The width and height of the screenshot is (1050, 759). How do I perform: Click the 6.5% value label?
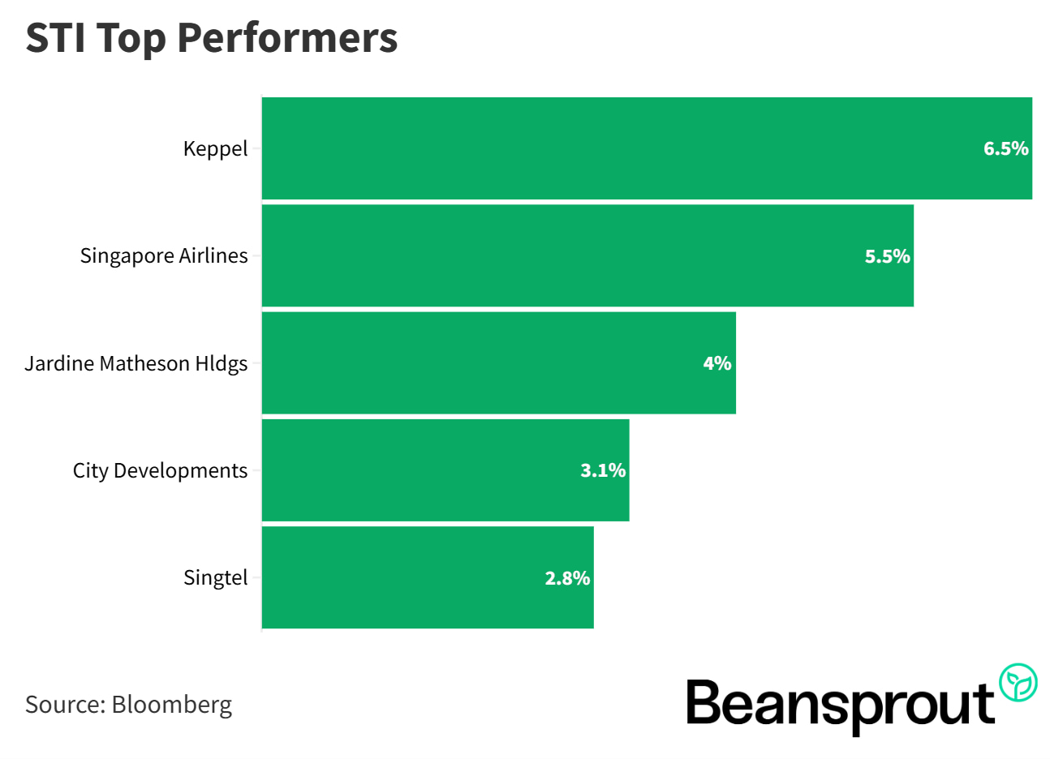click(1005, 148)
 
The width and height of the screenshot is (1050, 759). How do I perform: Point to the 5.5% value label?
click(887, 256)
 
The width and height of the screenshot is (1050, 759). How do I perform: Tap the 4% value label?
click(717, 363)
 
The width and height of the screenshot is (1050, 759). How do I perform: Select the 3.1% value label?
click(603, 470)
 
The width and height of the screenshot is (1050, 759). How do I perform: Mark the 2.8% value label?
click(567, 578)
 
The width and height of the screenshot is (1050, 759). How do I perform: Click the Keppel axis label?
click(215, 149)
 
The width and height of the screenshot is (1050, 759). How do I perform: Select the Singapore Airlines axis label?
click(164, 256)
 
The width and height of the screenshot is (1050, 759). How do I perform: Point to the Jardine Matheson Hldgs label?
click(136, 363)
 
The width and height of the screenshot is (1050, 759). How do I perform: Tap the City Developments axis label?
click(160, 470)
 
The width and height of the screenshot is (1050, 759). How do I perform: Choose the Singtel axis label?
click(215, 577)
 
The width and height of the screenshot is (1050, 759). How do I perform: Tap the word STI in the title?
click(56, 37)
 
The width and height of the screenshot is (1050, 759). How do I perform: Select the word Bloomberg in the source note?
click(172, 704)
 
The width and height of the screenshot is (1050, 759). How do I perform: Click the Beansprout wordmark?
click(841, 705)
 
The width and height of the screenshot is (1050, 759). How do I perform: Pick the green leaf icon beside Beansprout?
click(1018, 683)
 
